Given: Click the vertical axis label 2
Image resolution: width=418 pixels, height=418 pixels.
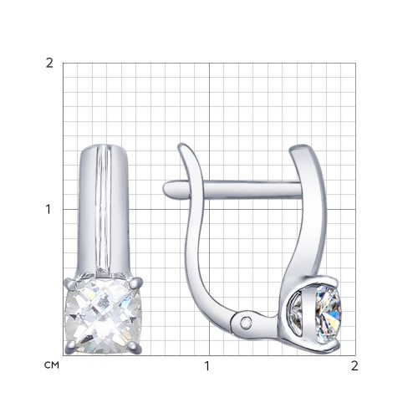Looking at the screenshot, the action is pos(49,64).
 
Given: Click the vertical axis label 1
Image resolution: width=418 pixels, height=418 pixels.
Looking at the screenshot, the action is pos(48,210).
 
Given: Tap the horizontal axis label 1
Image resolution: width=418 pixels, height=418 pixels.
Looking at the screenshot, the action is pos(206,366).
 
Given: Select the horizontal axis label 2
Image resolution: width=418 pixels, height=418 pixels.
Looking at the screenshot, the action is pos(354,366).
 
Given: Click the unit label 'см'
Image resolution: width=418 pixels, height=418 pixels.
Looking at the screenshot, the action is pos(52,365).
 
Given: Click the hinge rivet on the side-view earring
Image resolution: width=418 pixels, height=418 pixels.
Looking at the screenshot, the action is pos(246,323).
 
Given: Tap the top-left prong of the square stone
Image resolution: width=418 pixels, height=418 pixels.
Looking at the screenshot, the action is pos(70,283).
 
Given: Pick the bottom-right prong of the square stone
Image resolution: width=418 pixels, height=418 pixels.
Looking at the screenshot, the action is pos(135,347).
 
